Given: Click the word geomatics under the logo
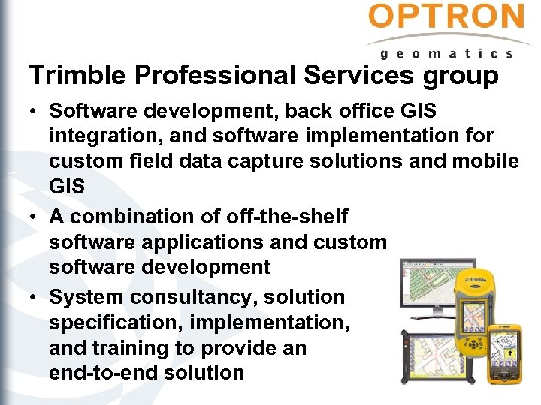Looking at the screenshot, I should click(446, 53).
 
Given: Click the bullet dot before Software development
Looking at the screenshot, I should click(35, 112).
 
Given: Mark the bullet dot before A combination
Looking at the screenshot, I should click(35, 217).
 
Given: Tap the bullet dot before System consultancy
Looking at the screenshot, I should click(35, 298).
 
